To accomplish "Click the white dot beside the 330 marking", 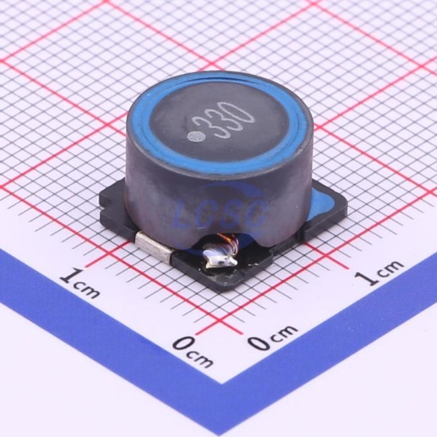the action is pos(194,137).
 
